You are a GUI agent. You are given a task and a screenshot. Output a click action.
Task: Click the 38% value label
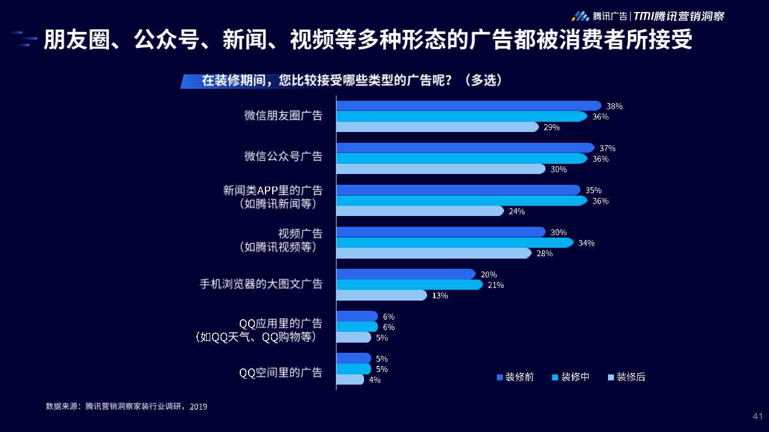pyautogui.click(x=614, y=106)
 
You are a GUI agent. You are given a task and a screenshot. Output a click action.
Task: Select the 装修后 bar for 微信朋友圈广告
pyautogui.click(x=437, y=127)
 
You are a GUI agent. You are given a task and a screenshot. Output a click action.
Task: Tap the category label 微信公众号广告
pyautogui.click(x=283, y=157)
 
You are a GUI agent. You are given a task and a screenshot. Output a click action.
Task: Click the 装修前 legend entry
pyautogui.click(x=515, y=377)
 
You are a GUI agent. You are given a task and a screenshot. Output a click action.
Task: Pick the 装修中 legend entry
pyautogui.click(x=571, y=377)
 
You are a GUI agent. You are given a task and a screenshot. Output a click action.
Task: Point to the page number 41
pyautogui.click(x=758, y=416)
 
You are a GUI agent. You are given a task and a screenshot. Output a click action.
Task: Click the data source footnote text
pyautogui.click(x=126, y=407)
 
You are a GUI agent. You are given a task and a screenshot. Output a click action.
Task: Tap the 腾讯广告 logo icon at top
pyautogui.click(x=580, y=16)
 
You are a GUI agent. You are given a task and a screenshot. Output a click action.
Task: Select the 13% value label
pyautogui.click(x=440, y=295)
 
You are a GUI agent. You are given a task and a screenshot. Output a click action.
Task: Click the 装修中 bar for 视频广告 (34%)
pyautogui.click(x=454, y=243)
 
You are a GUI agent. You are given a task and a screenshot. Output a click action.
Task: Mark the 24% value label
pyautogui.click(x=517, y=211)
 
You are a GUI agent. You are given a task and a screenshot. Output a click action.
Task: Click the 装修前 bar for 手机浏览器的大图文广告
pyautogui.click(x=406, y=274)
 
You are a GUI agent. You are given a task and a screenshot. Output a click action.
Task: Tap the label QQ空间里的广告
pyautogui.click(x=281, y=373)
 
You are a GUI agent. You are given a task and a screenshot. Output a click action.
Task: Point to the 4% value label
pyautogui.click(x=374, y=380)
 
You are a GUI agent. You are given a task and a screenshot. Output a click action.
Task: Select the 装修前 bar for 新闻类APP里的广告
pyautogui.click(x=458, y=190)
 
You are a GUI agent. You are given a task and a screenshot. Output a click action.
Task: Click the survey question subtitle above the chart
pyautogui.click(x=351, y=81)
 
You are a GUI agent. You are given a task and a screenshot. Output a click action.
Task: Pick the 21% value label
pyautogui.click(x=496, y=285)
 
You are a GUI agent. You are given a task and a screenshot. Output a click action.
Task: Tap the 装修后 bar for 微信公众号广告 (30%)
pyautogui.click(x=440, y=169)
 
